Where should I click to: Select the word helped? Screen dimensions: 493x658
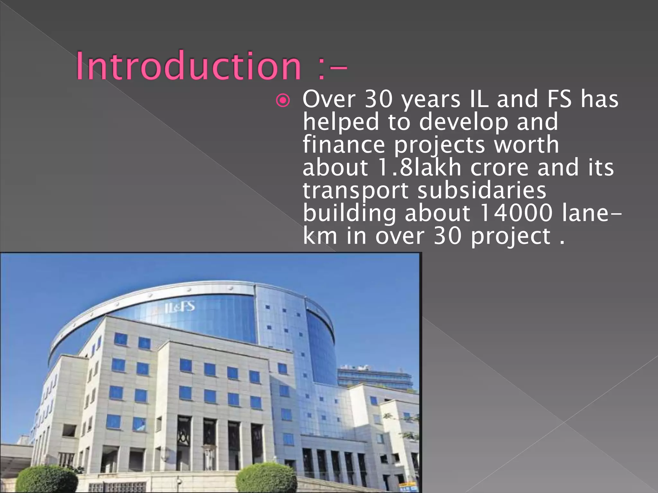tap(341, 122)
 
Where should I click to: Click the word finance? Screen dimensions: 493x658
tap(344, 144)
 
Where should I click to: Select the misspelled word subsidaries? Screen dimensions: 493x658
tap(482, 190)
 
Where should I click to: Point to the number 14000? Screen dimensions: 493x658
tap(515, 213)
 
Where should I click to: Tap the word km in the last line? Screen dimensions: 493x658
tap(320, 236)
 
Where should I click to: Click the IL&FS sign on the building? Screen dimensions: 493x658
tap(180, 307)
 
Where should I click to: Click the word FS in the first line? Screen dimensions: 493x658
tap(559, 99)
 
